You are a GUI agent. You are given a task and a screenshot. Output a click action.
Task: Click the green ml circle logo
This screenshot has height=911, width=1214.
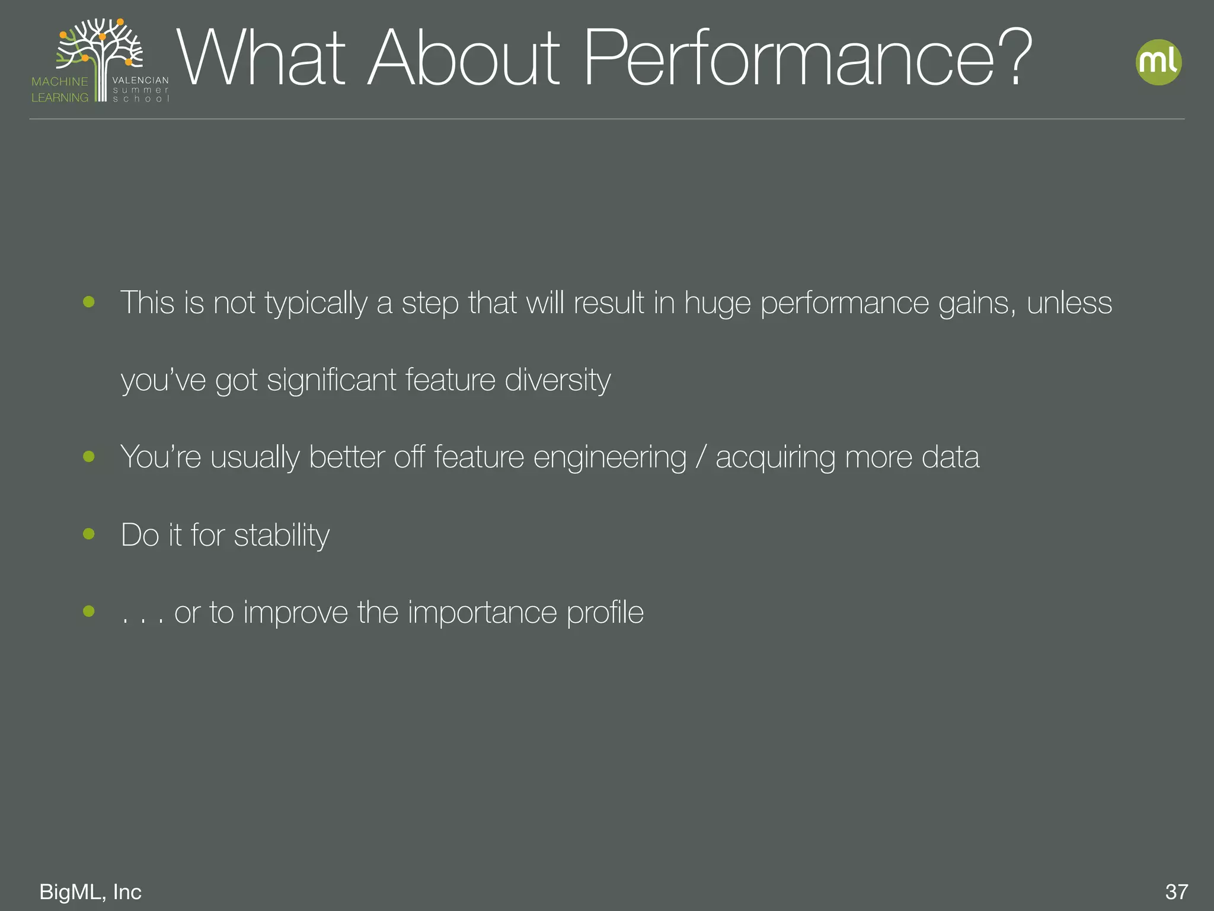[x=1158, y=62]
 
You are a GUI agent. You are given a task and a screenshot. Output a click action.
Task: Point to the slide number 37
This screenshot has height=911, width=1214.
[x=1177, y=891]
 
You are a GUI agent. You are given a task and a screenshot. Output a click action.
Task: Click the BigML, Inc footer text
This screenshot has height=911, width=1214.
[x=90, y=891]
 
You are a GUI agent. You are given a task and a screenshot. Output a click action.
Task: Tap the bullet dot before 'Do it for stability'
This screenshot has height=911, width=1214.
[x=89, y=534]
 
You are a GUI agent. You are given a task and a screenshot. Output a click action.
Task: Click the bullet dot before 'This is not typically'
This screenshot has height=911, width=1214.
[x=89, y=302]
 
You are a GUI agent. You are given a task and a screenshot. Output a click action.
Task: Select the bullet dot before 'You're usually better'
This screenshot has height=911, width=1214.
[x=89, y=456]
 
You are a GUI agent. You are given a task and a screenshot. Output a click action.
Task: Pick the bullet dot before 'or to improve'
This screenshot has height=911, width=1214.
[x=89, y=611]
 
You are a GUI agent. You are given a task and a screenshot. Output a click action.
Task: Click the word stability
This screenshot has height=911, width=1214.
[x=282, y=536]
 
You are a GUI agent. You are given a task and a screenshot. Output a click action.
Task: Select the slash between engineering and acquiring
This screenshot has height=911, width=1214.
[x=701, y=458]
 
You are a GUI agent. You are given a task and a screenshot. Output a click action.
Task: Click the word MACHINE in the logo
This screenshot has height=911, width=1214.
[x=60, y=82]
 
